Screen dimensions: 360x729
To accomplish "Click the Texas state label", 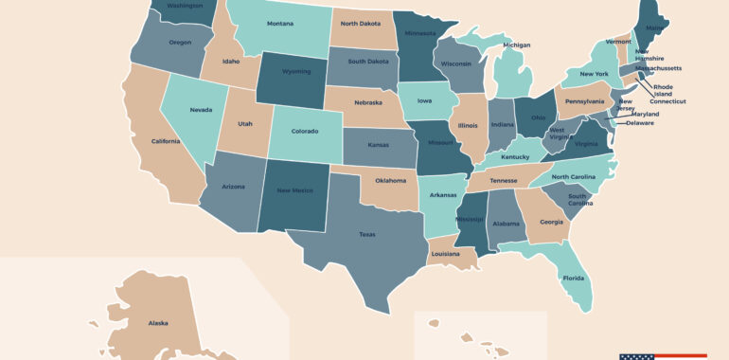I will [x=366, y=234].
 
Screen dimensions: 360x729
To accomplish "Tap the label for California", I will [x=165, y=141].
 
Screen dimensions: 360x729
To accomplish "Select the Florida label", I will [x=574, y=279].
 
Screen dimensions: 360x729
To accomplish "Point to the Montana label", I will [x=279, y=23].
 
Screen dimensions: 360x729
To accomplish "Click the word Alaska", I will [x=158, y=323].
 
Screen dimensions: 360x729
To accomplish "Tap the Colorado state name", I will [x=305, y=132].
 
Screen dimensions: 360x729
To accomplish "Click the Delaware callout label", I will [x=640, y=123].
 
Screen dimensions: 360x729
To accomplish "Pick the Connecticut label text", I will [x=667, y=101].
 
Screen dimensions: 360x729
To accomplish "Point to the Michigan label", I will [x=517, y=45].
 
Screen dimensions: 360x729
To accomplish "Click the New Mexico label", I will [x=295, y=190].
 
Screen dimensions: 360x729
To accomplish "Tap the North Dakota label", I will [x=361, y=23].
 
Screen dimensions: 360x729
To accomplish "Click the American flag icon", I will [x=636, y=356].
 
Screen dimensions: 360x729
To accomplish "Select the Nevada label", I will [x=201, y=110].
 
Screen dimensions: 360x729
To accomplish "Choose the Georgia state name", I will [x=551, y=223].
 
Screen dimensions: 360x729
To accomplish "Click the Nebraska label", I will [x=368, y=102].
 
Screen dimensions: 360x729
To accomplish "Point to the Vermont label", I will [x=618, y=42].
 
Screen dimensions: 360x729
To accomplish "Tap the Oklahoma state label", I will [x=390, y=180].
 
